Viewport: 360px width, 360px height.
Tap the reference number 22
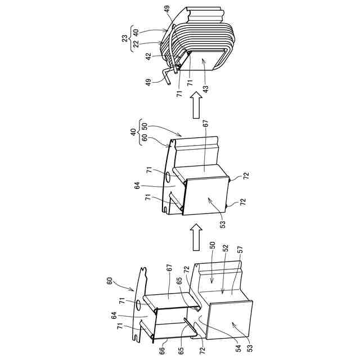(136, 43)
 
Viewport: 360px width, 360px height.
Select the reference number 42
(148, 56)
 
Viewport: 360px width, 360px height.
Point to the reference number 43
(205, 89)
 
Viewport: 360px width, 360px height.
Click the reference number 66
(162, 350)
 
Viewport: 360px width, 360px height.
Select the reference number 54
(238, 349)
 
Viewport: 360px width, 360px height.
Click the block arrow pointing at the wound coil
(196, 105)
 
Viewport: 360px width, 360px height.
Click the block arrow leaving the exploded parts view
(196, 237)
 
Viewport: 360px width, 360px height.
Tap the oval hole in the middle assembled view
(168, 177)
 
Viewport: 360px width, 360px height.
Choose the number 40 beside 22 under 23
(136, 31)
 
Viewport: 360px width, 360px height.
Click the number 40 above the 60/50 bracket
(133, 132)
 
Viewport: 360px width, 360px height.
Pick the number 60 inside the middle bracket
(145, 138)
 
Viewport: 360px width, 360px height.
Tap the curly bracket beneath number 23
(131, 38)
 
